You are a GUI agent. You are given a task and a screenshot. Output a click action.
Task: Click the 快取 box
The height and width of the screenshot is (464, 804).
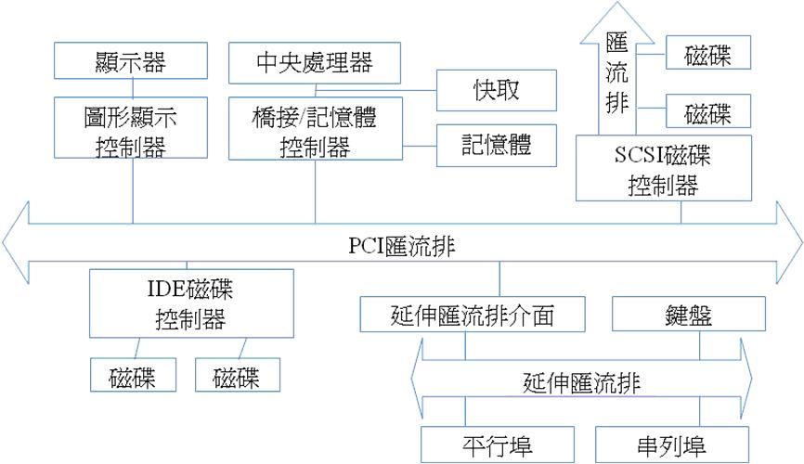tap(496, 89)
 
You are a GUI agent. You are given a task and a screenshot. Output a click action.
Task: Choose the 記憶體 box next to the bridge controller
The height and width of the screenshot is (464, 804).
tap(496, 144)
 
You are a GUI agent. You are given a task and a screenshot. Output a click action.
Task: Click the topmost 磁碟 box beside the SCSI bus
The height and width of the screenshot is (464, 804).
tap(707, 55)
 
